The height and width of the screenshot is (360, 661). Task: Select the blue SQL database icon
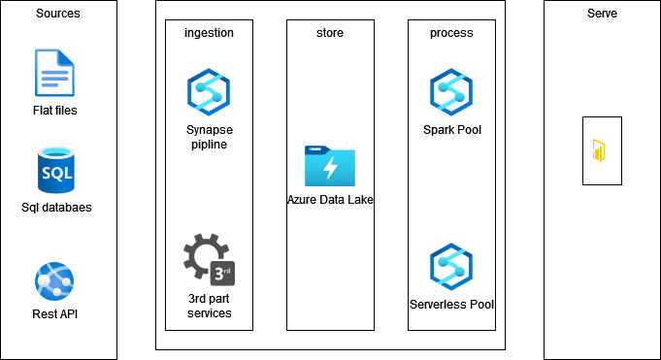tap(54, 170)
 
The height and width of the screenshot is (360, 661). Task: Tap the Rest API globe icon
tap(54, 280)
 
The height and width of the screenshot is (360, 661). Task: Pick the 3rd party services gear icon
tap(208, 257)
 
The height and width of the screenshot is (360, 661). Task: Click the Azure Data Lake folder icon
tap(330, 166)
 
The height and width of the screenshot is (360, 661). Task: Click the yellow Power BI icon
tap(602, 151)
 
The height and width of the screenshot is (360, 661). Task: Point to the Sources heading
tap(58, 14)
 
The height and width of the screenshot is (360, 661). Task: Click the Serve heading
tap(602, 14)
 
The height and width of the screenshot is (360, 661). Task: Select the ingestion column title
tap(208, 33)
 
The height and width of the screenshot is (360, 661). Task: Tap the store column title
tap(330, 33)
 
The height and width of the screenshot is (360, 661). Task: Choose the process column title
tap(451, 33)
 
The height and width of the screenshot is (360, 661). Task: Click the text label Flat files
tap(54, 110)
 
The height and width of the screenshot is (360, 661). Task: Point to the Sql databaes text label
tap(54, 207)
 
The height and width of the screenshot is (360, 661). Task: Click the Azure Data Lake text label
tap(330, 200)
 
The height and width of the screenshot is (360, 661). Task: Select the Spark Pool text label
tap(452, 129)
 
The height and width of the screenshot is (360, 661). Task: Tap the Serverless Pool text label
tap(452, 305)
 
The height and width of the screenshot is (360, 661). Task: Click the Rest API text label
tap(54, 314)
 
